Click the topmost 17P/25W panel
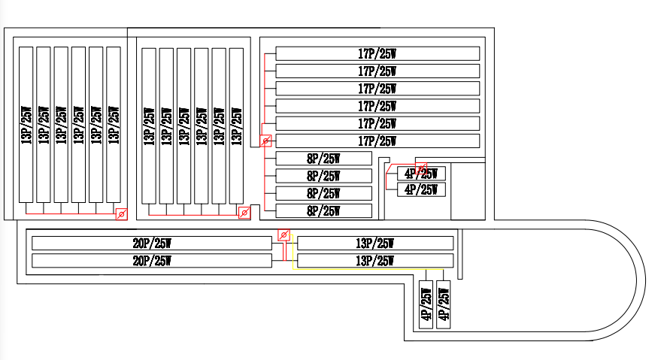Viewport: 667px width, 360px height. [x=377, y=53]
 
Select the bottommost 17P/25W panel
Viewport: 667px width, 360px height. [x=377, y=141]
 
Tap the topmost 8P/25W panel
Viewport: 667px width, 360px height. [x=324, y=159]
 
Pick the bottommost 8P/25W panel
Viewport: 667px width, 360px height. [x=324, y=211]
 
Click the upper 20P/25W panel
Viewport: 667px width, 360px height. [x=151, y=244]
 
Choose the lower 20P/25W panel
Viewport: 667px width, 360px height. [x=151, y=261]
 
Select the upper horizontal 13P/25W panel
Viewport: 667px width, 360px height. [x=375, y=244]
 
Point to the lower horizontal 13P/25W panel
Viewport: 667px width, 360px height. [x=375, y=261]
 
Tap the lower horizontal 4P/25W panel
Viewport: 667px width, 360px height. [x=421, y=189]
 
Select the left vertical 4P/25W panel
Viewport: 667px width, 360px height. [x=426, y=306]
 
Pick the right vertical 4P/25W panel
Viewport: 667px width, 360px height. [x=443, y=306]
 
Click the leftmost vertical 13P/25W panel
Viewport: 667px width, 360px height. [x=26, y=125]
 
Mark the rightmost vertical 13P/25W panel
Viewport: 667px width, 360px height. [x=236, y=126]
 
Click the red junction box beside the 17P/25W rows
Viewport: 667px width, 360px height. [x=265, y=141]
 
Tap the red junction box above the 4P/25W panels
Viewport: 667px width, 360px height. [x=421, y=167]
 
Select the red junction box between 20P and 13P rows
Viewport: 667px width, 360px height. [x=283, y=235]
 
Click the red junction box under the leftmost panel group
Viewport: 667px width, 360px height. [x=120, y=214]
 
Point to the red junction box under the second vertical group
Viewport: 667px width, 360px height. [x=244, y=214]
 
